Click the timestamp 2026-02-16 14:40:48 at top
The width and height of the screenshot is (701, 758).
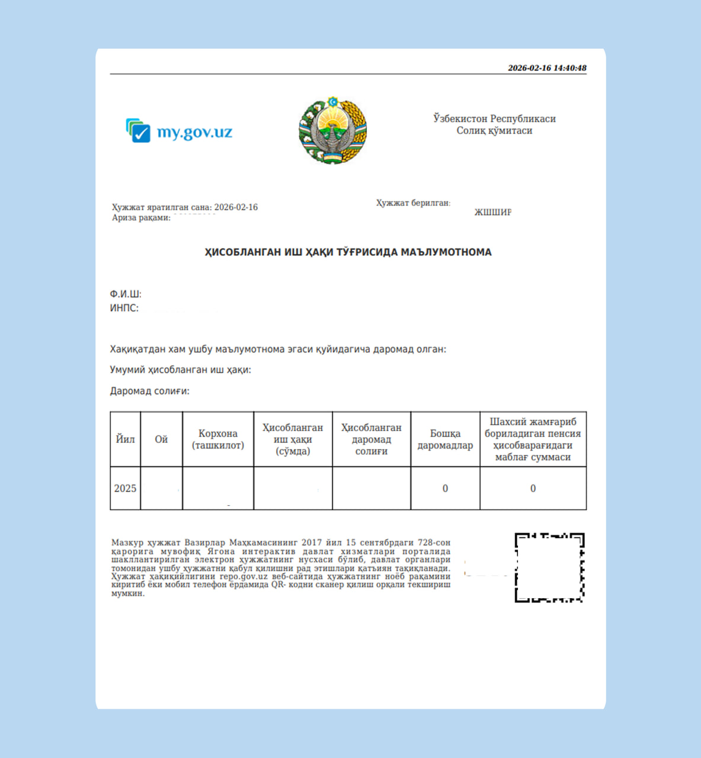pyautogui.click(x=547, y=68)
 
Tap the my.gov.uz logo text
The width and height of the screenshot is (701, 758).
pyautogui.click(x=194, y=132)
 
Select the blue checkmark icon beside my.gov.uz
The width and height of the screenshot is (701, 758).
pyautogui.click(x=139, y=131)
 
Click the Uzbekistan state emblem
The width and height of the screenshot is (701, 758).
pyautogui.click(x=332, y=131)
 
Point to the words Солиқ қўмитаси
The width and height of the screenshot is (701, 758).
pyautogui.click(x=494, y=131)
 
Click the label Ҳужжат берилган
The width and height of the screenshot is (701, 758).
pyautogui.click(x=413, y=203)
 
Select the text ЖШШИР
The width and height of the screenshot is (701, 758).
pyautogui.click(x=492, y=212)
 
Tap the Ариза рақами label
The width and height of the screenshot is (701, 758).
pyautogui.click(x=141, y=218)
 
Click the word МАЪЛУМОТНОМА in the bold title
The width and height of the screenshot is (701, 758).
pyautogui.click(x=446, y=252)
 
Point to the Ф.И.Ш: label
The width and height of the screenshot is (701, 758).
pyautogui.click(x=126, y=294)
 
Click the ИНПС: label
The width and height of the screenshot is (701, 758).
pyautogui.click(x=124, y=309)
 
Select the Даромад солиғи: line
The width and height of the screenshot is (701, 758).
pyautogui.click(x=150, y=391)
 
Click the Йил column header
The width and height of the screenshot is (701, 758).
pyautogui.click(x=125, y=439)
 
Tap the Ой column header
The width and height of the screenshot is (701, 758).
pyautogui.click(x=161, y=439)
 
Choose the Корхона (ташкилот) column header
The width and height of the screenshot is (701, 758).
pyautogui.click(x=218, y=439)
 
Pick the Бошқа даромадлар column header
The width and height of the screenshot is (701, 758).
pyautogui.click(x=445, y=439)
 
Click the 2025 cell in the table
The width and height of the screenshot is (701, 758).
pyautogui.click(x=125, y=489)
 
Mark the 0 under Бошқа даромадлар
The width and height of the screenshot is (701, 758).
pyautogui.click(x=445, y=489)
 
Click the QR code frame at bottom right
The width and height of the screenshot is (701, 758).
pyautogui.click(x=549, y=568)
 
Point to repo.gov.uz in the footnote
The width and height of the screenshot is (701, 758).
pyautogui.click(x=244, y=576)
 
